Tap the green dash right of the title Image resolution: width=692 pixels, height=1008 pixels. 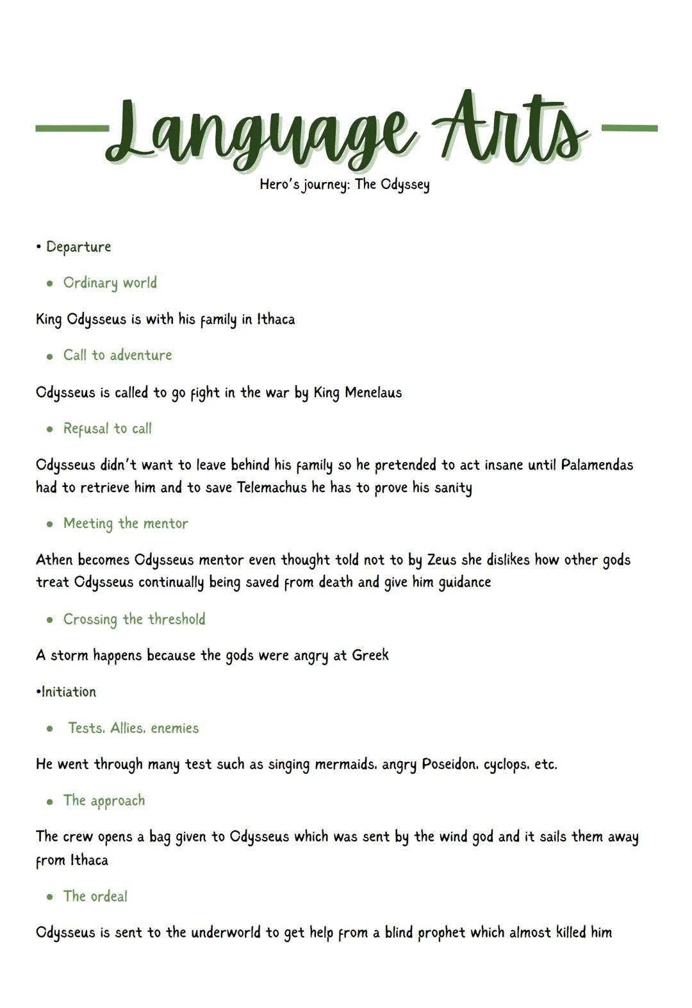[x=630, y=128]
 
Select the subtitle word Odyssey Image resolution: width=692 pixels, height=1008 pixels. [x=405, y=185]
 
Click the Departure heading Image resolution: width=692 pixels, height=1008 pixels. [x=78, y=247]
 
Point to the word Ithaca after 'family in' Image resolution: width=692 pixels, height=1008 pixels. [x=276, y=319]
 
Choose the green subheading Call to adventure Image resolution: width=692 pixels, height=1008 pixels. [x=117, y=355]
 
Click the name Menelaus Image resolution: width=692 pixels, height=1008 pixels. [x=373, y=392]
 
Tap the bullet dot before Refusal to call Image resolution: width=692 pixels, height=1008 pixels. [x=50, y=429]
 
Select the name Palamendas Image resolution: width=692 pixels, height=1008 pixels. [x=597, y=465]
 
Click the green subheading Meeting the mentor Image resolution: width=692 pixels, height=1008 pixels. [x=126, y=524]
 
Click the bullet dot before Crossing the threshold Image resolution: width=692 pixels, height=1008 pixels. [x=50, y=620]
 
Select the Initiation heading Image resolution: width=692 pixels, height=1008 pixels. [x=69, y=692]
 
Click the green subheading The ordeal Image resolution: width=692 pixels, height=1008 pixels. [x=95, y=896]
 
